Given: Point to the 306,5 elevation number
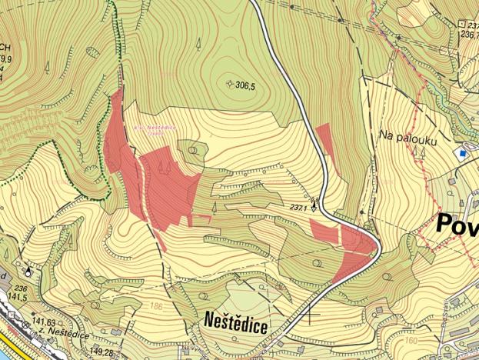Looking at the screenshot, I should click(x=246, y=85).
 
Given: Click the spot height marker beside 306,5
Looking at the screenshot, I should click(x=230, y=83).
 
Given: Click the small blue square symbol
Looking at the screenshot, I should click(x=462, y=153).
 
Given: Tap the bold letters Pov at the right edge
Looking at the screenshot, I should click(x=457, y=224).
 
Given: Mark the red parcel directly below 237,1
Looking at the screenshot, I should click(x=324, y=231).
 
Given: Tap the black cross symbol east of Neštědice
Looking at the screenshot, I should click(x=310, y=315).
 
